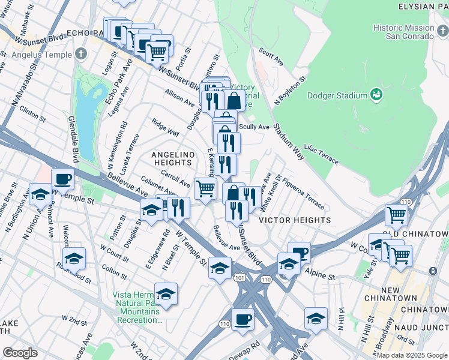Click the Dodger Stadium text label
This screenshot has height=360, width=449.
tap(337, 95)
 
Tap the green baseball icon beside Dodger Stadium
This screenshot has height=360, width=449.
tap(376, 95)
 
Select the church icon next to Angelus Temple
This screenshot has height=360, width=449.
tap(81, 54)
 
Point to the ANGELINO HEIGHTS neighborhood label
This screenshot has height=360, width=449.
tap(173, 158)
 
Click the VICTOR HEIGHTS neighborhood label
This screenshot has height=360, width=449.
tap(295, 220)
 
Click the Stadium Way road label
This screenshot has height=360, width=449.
tap(289, 141)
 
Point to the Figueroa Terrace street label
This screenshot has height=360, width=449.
tap(303, 187)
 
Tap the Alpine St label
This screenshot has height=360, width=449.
tap(323, 276)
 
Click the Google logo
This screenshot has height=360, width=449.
tap(20, 353)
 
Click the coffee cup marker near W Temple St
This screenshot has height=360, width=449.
tap(62, 179)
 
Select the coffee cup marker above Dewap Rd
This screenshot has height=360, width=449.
tap(243, 320)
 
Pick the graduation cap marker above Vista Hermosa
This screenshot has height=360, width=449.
tap(166, 294)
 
